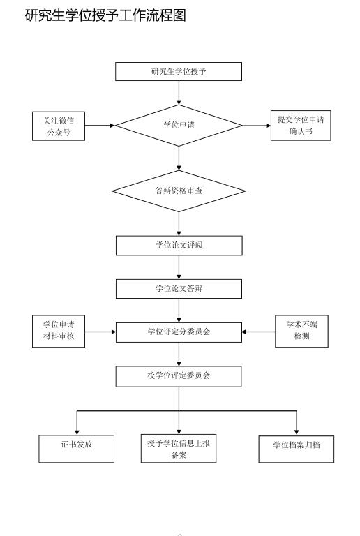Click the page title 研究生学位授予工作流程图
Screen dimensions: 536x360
pyautogui.click(x=105, y=15)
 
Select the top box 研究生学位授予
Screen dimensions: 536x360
pyautogui.click(x=179, y=71)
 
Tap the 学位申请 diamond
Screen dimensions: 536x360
pyautogui.click(x=179, y=126)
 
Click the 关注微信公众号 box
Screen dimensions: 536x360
pyautogui.click(x=59, y=126)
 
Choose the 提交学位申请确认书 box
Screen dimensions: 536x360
pyautogui.click(x=300, y=126)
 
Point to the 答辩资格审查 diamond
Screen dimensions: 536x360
pyautogui.click(x=179, y=191)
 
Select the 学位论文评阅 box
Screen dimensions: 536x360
pyautogui.click(x=179, y=245)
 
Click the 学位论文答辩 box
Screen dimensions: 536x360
pyautogui.click(x=179, y=288)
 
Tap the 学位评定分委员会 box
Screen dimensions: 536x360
pyautogui.click(x=179, y=332)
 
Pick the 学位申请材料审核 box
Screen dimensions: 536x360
pyautogui.click(x=59, y=332)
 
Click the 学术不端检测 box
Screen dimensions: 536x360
pyautogui.click(x=301, y=332)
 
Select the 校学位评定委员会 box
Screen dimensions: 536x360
pyautogui.click(x=179, y=376)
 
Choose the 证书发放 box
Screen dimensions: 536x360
pyautogui.click(x=76, y=448)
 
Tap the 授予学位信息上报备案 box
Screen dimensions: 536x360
pyautogui.click(x=179, y=448)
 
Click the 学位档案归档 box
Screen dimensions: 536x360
pyautogui.click(x=296, y=449)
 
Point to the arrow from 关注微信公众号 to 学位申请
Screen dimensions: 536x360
pyautogui.click(x=100, y=126)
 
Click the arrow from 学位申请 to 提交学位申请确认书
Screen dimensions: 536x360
pyautogui.click(x=257, y=126)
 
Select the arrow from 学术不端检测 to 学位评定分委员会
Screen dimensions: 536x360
pyautogui.click(x=258, y=332)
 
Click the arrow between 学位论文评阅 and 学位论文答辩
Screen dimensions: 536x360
pyautogui.click(x=179, y=267)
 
